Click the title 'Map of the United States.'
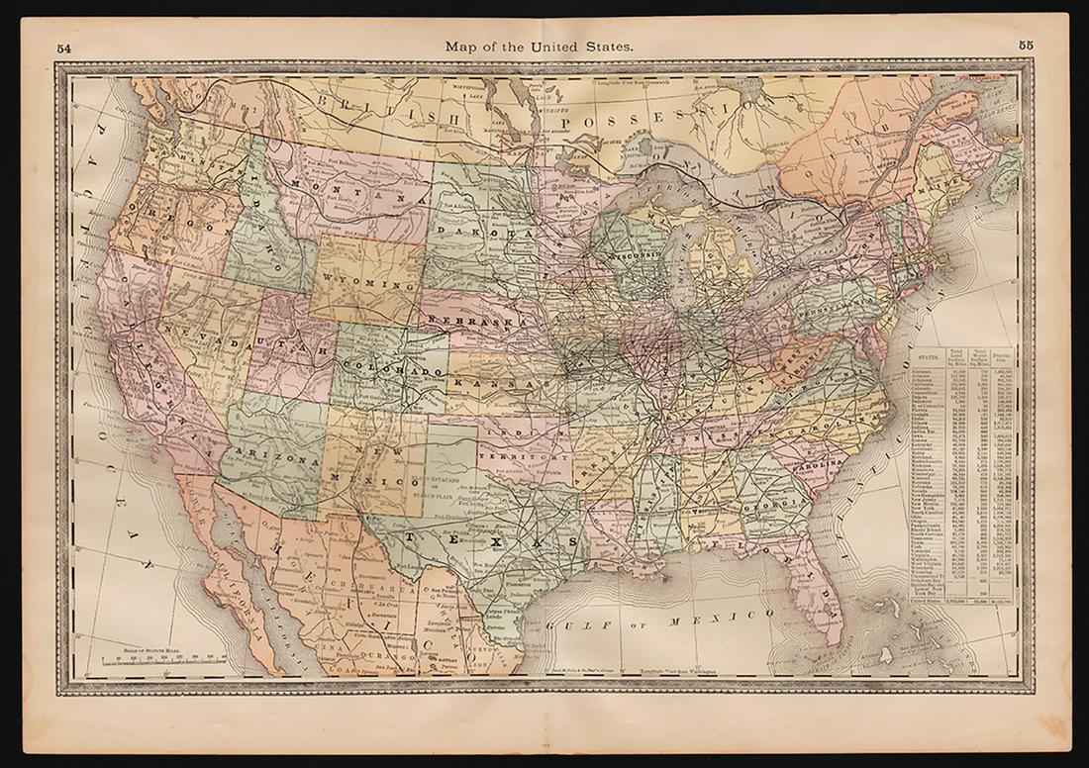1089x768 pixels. click(x=540, y=46)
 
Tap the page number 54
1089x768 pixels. click(x=64, y=47)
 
